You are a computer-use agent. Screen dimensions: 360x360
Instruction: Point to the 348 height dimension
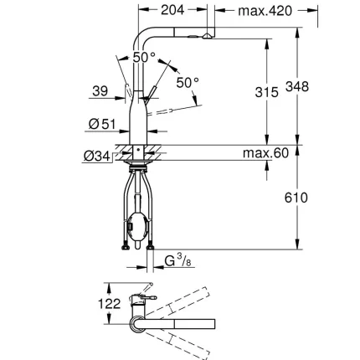tap(298, 87)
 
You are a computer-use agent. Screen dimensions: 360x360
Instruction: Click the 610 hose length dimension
tap(296, 198)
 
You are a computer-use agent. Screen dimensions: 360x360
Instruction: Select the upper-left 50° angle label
tap(144, 58)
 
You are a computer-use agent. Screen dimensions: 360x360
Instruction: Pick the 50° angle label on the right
tap(188, 82)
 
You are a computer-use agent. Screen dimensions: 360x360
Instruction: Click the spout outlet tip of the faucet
tap(203, 38)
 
